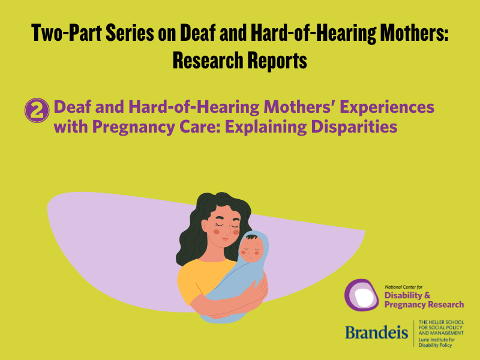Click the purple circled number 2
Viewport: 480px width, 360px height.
click(x=36, y=111)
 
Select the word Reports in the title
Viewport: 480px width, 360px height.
click(x=277, y=60)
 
